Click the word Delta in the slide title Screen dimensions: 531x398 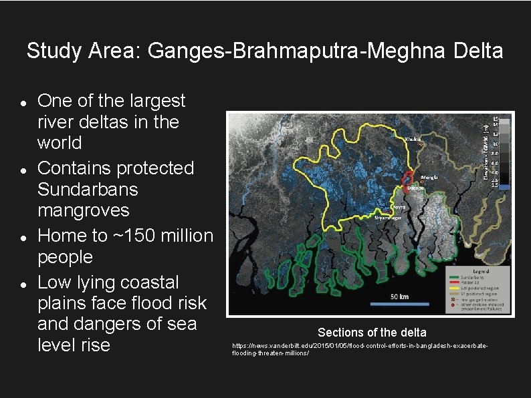[479, 51]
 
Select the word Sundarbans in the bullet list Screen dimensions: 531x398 [88, 189]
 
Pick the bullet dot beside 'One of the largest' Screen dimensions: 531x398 [23, 104]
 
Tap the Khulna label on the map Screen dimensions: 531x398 [414, 139]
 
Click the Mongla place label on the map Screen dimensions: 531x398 [430, 178]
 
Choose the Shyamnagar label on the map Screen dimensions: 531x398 [388, 217]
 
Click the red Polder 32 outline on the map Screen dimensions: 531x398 [409, 178]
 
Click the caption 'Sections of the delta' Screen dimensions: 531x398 [372, 333]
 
